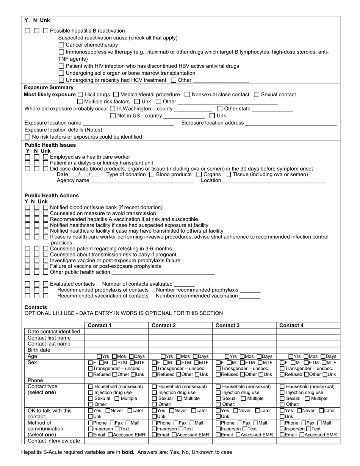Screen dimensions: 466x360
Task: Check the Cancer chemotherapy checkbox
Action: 61,45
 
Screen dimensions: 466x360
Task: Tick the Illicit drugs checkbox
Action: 80,94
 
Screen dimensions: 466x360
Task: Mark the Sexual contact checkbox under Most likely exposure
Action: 257,94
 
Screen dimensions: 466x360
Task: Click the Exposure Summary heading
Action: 49,88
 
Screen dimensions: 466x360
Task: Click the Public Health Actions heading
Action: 52,195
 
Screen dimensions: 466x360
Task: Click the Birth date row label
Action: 39,350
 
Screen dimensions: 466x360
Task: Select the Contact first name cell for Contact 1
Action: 116,338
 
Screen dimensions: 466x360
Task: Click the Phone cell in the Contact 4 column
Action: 308,380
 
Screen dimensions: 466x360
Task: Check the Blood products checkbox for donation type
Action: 152,175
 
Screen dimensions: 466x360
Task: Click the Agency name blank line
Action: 142,181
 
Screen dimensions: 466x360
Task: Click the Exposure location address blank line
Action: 291,123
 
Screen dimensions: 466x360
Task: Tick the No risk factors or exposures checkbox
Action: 27,137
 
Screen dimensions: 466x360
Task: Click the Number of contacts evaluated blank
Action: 184,284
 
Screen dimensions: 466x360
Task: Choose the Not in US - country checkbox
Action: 113,116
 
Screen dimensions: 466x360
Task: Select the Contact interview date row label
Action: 54,441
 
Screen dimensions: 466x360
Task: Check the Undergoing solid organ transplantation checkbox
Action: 61,73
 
